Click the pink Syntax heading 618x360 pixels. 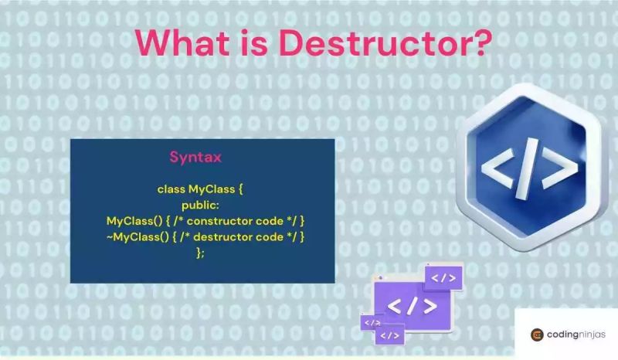[196, 157]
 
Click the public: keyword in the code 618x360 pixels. [201, 205]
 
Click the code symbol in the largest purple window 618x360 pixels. [412, 305]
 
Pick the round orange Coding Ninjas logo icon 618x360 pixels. [538, 335]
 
